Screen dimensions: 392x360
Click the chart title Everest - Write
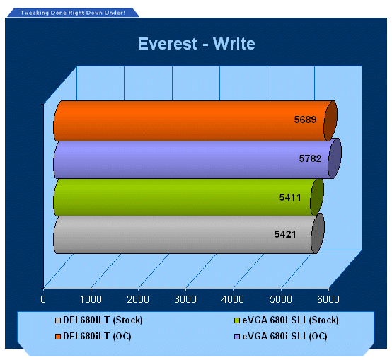click(197, 44)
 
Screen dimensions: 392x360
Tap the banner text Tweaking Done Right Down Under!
click(73, 13)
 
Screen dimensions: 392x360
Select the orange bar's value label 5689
click(305, 120)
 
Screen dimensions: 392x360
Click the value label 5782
click(310, 158)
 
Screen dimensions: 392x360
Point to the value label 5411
click(290, 197)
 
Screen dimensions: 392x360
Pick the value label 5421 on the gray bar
click(285, 234)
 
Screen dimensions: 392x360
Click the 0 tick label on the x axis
click(43, 299)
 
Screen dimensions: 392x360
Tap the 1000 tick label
click(91, 299)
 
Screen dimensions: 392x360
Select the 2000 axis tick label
click(138, 299)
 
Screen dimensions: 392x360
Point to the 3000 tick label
click(185, 299)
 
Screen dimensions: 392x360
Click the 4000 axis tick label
click(233, 299)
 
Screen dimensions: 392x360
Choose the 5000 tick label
click(281, 299)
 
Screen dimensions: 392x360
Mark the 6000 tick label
click(328, 299)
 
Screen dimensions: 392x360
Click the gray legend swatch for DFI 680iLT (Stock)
click(58, 320)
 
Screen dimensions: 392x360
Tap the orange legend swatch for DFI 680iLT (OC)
click(58, 337)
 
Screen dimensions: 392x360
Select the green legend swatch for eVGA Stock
click(237, 320)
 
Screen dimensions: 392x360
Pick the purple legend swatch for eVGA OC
click(237, 337)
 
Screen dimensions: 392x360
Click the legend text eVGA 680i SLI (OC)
click(284, 337)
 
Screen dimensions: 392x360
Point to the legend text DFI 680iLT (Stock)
click(103, 320)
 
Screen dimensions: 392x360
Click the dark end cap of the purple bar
click(335, 158)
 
